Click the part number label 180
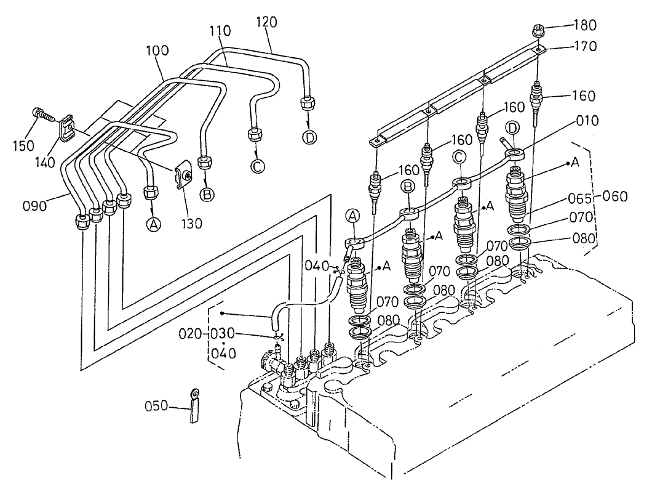(x=584, y=26)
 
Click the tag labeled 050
(x=195, y=407)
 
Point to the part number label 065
(x=584, y=199)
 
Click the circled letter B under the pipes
(x=207, y=195)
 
